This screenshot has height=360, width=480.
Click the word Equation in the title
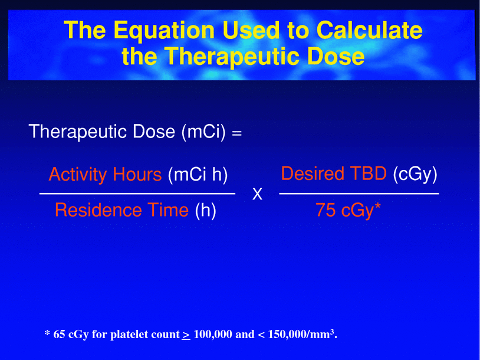tap(163, 30)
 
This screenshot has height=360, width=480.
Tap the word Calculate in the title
tap(370, 30)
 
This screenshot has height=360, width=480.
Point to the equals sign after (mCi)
tap(236, 133)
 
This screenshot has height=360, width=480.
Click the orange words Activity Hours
tap(105, 174)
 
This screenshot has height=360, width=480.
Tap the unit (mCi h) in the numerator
tap(198, 175)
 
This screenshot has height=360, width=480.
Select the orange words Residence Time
tap(121, 210)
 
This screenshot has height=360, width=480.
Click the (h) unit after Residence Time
tap(206, 211)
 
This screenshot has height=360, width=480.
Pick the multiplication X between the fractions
tap(257, 194)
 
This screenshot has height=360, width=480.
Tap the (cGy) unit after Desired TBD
tap(415, 174)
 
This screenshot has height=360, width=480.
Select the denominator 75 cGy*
tap(348, 211)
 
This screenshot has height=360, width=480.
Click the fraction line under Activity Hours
tap(137, 194)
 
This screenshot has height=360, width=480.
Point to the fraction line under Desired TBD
tap(359, 194)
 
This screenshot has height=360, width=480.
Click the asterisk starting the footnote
tap(47, 332)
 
